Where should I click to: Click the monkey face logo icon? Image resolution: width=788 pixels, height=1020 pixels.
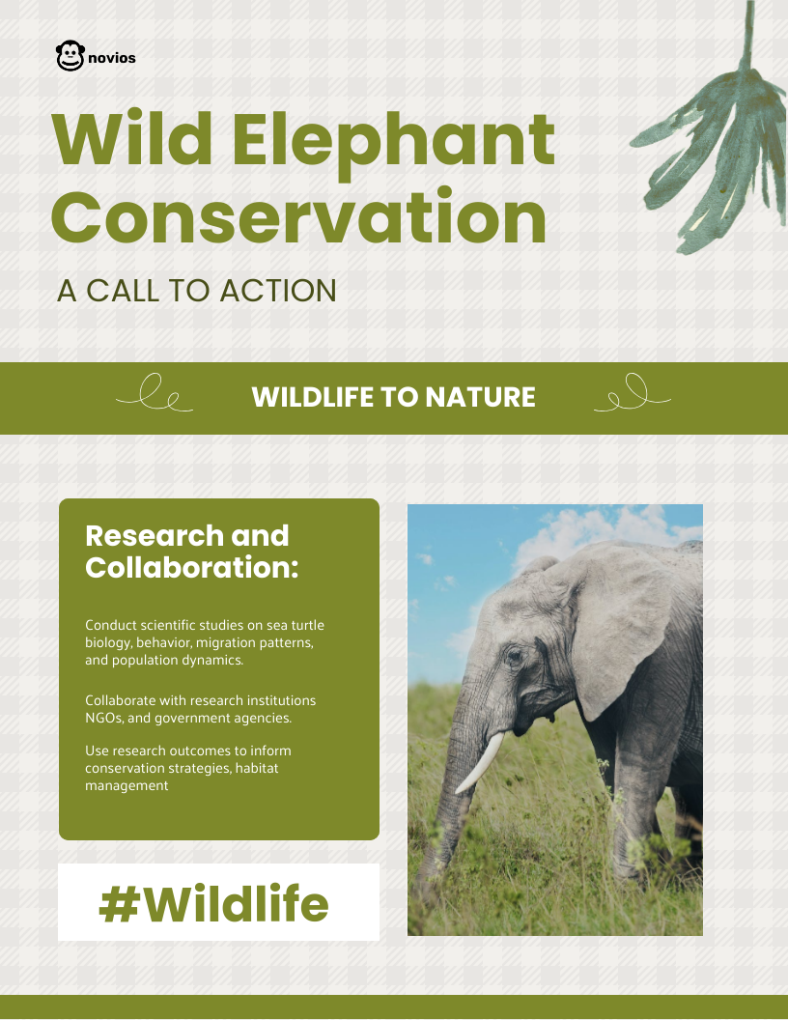point(70,57)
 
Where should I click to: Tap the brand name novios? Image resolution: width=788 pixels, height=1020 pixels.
point(111,58)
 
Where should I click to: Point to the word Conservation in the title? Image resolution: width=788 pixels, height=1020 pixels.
point(298,217)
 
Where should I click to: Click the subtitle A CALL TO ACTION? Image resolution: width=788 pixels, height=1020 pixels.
point(197,291)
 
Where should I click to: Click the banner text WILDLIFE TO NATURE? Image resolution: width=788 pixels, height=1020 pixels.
point(393,397)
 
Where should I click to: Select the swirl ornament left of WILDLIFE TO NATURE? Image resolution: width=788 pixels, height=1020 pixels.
point(155,394)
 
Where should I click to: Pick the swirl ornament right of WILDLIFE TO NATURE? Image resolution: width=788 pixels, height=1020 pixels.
point(632,394)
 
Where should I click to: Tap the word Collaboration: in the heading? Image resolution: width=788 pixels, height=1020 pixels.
point(192,567)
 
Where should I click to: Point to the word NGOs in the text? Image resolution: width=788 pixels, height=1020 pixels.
point(102,718)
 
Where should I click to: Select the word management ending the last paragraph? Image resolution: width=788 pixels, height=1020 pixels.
point(127,785)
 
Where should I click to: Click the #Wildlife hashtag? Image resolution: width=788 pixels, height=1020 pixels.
point(214,904)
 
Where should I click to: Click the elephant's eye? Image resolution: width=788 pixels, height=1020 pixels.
point(514,657)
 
